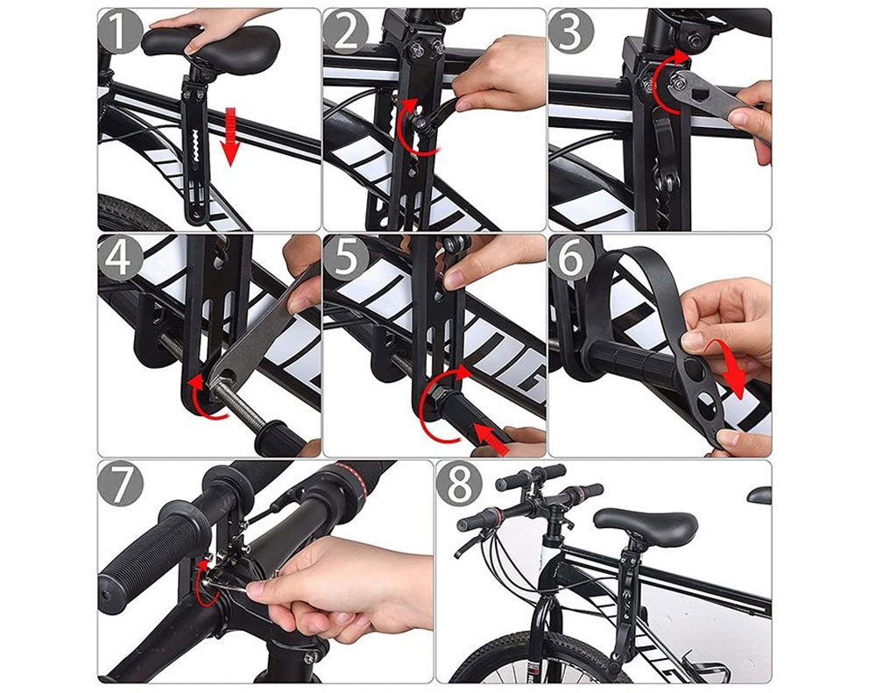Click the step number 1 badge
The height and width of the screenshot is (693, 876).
tap(119, 32)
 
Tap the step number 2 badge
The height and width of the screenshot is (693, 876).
tap(345, 32)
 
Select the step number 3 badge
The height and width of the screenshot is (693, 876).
tap(570, 32)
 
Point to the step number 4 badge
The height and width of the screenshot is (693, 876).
tap(119, 258)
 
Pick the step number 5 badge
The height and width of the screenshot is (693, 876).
tap(345, 258)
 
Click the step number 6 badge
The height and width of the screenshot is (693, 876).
tap(570, 258)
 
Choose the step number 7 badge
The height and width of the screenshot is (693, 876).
tap(119, 484)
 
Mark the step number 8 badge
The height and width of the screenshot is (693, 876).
tap(459, 484)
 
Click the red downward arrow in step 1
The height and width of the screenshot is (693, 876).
tap(230, 137)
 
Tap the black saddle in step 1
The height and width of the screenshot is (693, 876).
tap(209, 42)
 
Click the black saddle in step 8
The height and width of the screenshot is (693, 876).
tap(646, 524)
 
